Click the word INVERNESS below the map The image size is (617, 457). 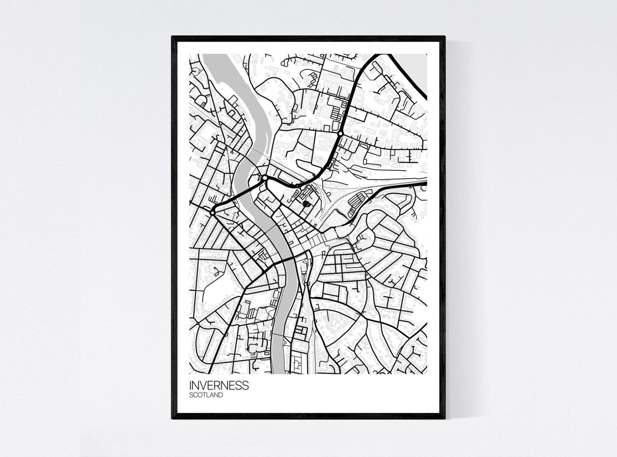[219, 385]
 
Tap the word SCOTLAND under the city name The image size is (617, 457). [206, 395]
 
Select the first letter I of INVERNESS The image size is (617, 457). [190, 385]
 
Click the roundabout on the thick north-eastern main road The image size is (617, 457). [340, 134]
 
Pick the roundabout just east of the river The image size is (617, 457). [265, 178]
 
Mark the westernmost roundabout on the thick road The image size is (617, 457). [213, 213]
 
